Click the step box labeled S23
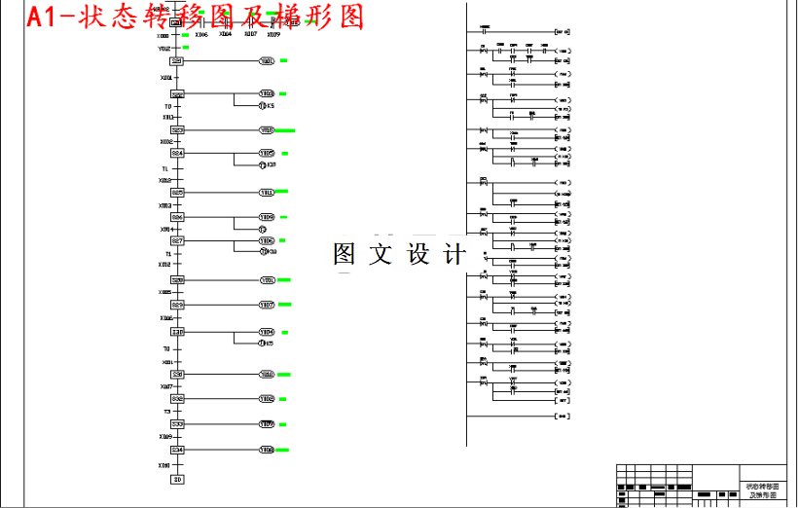click(x=177, y=129)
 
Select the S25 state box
click(x=177, y=193)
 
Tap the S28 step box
click(x=177, y=280)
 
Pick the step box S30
click(x=177, y=332)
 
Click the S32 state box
click(x=177, y=399)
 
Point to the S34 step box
click(x=177, y=451)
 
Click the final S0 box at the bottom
click(x=177, y=479)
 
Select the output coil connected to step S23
click(x=266, y=129)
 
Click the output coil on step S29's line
click(x=266, y=305)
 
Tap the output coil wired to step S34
click(x=266, y=451)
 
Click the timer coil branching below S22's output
click(x=263, y=105)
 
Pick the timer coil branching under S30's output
click(x=263, y=343)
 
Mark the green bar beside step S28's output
click(x=284, y=280)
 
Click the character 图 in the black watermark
click(x=344, y=255)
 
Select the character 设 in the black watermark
click(x=418, y=255)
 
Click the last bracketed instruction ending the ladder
click(x=561, y=417)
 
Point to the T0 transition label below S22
click(x=167, y=106)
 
